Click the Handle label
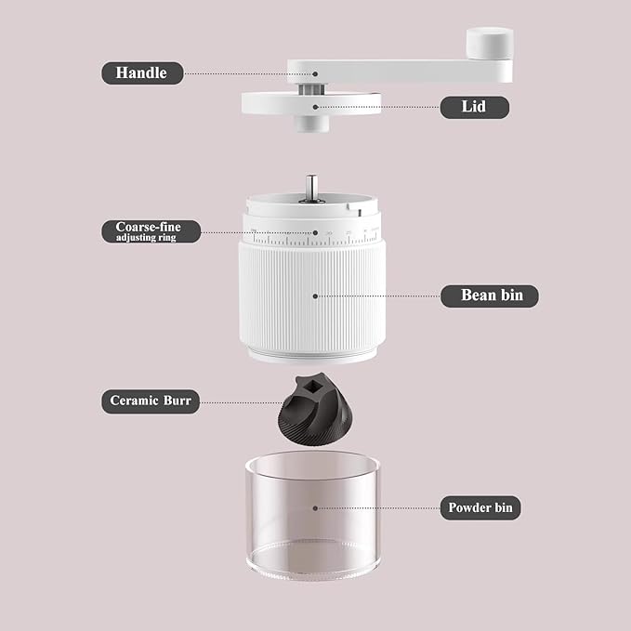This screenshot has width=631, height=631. (x=142, y=72)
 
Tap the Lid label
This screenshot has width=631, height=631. (x=475, y=107)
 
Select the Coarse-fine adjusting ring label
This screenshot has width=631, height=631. (x=151, y=231)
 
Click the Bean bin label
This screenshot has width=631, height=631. (x=490, y=296)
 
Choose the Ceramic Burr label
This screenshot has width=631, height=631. (x=151, y=401)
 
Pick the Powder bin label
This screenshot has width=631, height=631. (x=480, y=507)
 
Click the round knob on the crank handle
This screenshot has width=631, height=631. (x=490, y=43)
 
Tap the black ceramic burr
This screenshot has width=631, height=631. (x=315, y=409)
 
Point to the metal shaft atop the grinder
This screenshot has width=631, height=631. (x=311, y=188)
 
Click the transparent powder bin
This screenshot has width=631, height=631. (x=312, y=515)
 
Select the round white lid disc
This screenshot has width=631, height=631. (x=311, y=104)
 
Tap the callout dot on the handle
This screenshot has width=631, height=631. (x=315, y=74)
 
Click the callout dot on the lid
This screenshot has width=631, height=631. (x=315, y=107)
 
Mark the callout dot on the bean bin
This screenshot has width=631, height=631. (x=315, y=296)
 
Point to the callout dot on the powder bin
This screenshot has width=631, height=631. (x=315, y=508)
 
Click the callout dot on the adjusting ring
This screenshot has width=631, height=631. (x=315, y=232)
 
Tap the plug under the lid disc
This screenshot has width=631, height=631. (x=313, y=124)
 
